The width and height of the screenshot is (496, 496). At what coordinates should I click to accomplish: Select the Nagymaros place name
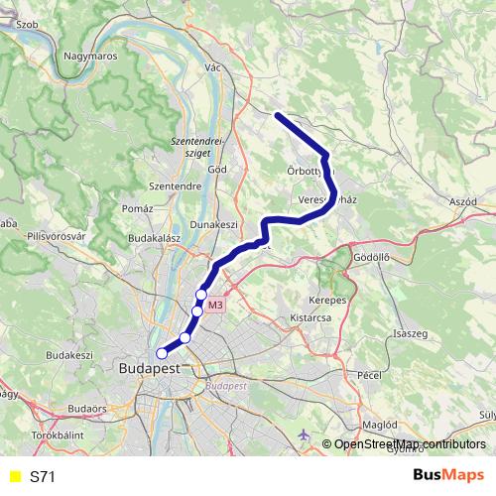pyautogui.click(x=89, y=57)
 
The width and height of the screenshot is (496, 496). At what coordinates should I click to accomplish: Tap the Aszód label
pyautogui.click(x=464, y=201)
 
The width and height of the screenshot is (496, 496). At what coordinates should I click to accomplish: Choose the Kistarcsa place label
pyautogui.click(x=309, y=319)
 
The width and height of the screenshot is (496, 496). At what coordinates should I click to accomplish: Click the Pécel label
pyautogui.click(x=369, y=375)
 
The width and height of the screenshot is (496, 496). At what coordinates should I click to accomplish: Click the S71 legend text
pyautogui.click(x=43, y=477)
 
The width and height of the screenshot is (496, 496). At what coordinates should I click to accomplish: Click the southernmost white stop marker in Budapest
pyautogui.click(x=162, y=352)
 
